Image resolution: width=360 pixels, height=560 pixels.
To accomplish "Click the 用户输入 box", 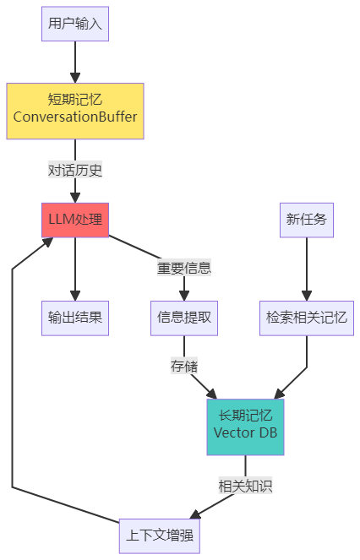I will tap(75, 24).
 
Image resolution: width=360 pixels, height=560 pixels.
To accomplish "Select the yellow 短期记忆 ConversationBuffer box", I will tap(75, 110).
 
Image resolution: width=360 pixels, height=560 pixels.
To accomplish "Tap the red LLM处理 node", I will tap(75, 220).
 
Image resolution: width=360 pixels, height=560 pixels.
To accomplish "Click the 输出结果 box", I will tap(75, 318).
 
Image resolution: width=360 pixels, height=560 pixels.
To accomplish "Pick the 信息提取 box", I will tap(184, 318).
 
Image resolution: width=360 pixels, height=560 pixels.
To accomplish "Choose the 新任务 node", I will tap(306, 220).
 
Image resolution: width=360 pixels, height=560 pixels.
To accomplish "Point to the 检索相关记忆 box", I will tap(306, 318).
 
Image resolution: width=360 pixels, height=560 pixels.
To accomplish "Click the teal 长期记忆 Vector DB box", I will tap(245, 427).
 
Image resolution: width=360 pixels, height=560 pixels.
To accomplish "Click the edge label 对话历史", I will tap(75, 170).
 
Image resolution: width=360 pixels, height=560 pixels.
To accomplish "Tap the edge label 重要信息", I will tap(183, 269).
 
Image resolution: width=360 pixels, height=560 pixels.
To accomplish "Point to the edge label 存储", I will tap(183, 367).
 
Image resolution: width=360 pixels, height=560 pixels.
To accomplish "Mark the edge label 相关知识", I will tap(245, 487).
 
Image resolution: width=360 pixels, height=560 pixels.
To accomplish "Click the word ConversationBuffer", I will tap(75, 117).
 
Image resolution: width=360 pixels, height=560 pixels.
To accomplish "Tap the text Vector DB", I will tap(245, 434).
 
